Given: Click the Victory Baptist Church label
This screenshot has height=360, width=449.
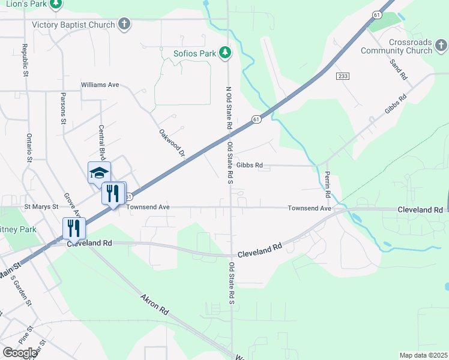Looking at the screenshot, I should tap(73, 25).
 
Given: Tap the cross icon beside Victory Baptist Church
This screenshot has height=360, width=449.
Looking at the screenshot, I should tap(124, 25).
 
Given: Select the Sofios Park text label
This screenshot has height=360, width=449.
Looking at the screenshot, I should tap(194, 53).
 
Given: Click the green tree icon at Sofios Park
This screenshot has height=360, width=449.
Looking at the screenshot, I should tap(226, 53).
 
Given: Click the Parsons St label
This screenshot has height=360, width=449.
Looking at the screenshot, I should tap(63, 108).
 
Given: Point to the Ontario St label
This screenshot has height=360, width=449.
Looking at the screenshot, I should tap(28, 147).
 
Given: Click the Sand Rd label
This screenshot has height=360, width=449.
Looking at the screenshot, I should tap(398, 70).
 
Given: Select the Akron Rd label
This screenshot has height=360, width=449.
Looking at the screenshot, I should tap(155, 305).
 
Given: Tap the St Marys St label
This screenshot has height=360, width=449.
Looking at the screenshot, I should tap(41, 206).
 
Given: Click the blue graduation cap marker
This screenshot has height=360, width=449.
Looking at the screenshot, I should tap(99, 173).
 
